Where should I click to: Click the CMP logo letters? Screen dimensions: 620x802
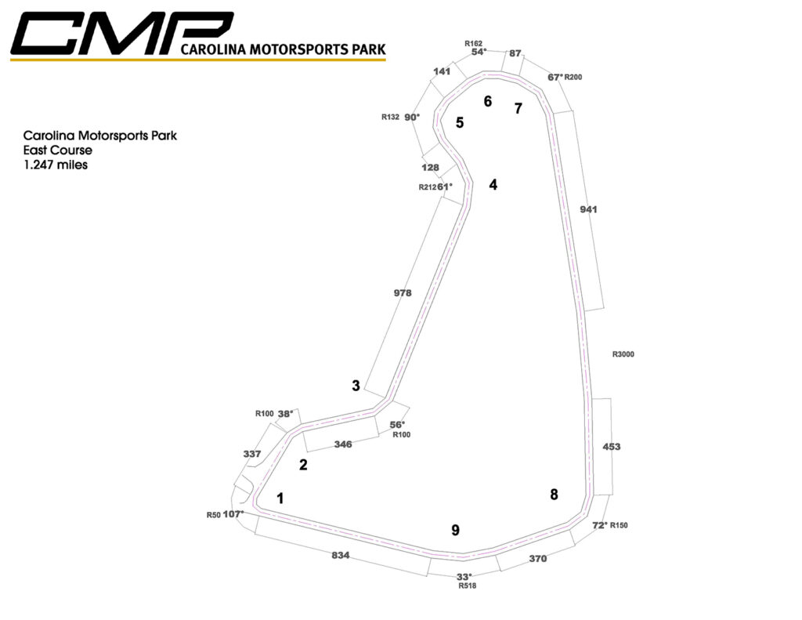[117, 34]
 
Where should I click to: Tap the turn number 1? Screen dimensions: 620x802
[280, 498]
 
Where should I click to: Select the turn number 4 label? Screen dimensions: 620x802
[493, 185]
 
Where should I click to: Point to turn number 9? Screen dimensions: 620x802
[455, 530]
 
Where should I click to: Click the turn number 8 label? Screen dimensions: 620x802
[555, 494]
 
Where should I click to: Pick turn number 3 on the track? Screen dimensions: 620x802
[356, 385]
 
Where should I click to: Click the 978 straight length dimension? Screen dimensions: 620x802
[403, 292]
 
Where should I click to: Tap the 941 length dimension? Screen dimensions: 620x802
[588, 209]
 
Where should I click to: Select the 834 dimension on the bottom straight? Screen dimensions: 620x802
[340, 556]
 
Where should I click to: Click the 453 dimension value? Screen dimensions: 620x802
[612, 446]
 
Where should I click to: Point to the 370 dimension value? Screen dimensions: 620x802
[537, 559]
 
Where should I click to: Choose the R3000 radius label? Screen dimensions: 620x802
[623, 354]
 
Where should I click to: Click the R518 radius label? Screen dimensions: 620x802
[468, 586]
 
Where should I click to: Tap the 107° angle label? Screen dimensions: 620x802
[234, 514]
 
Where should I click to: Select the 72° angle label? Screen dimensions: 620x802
[599, 524]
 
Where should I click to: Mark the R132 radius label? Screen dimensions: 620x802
[391, 117]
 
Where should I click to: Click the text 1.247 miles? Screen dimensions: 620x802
[56, 165]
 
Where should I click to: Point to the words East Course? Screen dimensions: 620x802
[58, 150]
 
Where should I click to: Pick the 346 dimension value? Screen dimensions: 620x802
[342, 444]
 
